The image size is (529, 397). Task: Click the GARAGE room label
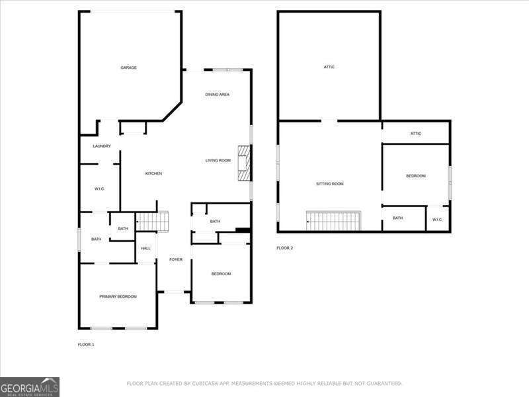click(128, 67)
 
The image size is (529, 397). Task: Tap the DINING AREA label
click(217, 95)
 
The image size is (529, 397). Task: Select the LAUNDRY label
click(102, 146)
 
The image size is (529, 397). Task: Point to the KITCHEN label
click(153, 173)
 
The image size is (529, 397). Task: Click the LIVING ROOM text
click(218, 160)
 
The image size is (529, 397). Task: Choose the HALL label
click(146, 248)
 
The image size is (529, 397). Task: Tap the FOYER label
click(175, 259)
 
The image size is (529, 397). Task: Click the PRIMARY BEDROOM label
click(118, 296)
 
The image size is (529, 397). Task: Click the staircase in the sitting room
click(334, 220)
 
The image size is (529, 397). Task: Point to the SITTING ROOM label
click(329, 183)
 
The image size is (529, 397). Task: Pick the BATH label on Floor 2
click(397, 218)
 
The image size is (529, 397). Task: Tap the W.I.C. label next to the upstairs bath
click(437, 219)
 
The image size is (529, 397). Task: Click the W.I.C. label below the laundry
click(99, 189)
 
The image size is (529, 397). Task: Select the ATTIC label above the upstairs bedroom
click(415, 134)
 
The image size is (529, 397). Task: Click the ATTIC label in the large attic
click(329, 67)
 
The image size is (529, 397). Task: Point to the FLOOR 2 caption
click(284, 248)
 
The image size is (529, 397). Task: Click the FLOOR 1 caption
click(86, 345)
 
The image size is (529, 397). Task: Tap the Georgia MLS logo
click(30, 386)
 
